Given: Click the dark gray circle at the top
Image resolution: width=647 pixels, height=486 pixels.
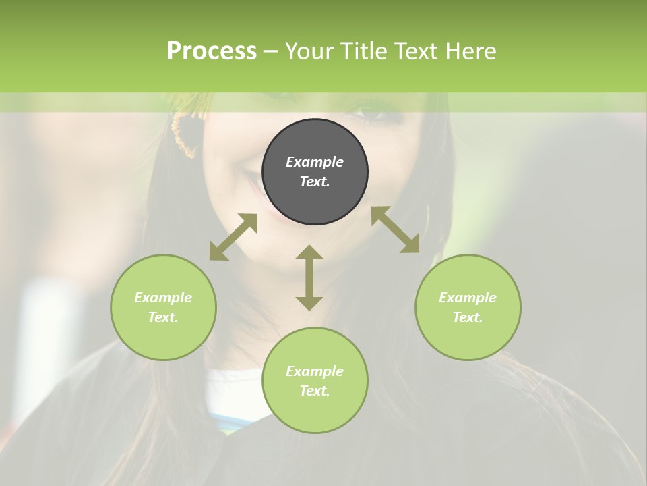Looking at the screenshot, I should [x=315, y=172].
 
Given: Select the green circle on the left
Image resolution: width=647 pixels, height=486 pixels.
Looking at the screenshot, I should [x=163, y=307].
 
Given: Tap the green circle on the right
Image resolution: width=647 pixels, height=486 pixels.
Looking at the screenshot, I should [x=468, y=307].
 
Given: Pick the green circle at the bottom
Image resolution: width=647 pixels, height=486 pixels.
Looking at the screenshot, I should [x=315, y=381].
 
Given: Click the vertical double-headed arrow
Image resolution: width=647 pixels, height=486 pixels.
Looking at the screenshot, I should [x=309, y=277].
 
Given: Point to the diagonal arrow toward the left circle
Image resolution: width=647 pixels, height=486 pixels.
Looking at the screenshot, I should [x=233, y=237].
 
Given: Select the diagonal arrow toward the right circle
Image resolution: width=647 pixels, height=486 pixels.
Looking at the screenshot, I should [x=396, y=230].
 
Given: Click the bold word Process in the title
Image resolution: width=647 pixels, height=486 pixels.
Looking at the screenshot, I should [x=212, y=51].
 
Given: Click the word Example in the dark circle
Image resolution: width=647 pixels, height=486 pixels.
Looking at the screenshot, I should [x=315, y=162].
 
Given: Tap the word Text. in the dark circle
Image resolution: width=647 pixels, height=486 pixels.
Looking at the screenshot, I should [x=315, y=182].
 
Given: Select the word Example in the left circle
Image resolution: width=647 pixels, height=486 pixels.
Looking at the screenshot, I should [x=163, y=298].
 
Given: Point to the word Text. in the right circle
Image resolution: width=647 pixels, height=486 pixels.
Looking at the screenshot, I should [x=468, y=317].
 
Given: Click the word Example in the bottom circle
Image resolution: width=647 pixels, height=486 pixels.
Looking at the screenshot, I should [x=315, y=371].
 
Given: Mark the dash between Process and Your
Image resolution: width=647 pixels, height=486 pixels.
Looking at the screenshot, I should [x=270, y=52].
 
